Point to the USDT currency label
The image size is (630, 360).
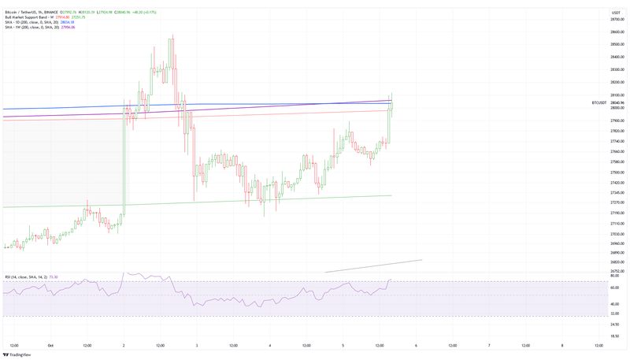point(616,12)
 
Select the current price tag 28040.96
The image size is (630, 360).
point(617,102)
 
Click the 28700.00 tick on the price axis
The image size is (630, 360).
point(617,19)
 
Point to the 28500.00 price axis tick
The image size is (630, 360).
point(617,44)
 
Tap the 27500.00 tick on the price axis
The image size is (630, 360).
point(617,172)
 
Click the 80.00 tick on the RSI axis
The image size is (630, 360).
point(614,276)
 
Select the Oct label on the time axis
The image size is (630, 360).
point(50,345)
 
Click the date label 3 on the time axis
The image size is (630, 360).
point(197,345)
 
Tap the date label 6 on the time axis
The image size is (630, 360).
point(416,345)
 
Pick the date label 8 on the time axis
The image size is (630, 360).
point(562,345)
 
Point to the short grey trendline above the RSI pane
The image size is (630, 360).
point(374,266)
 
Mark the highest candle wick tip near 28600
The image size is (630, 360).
point(171,35)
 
